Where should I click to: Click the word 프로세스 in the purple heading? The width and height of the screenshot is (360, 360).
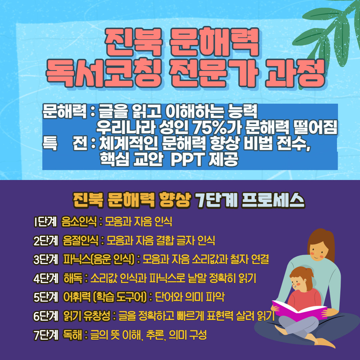(273, 200)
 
